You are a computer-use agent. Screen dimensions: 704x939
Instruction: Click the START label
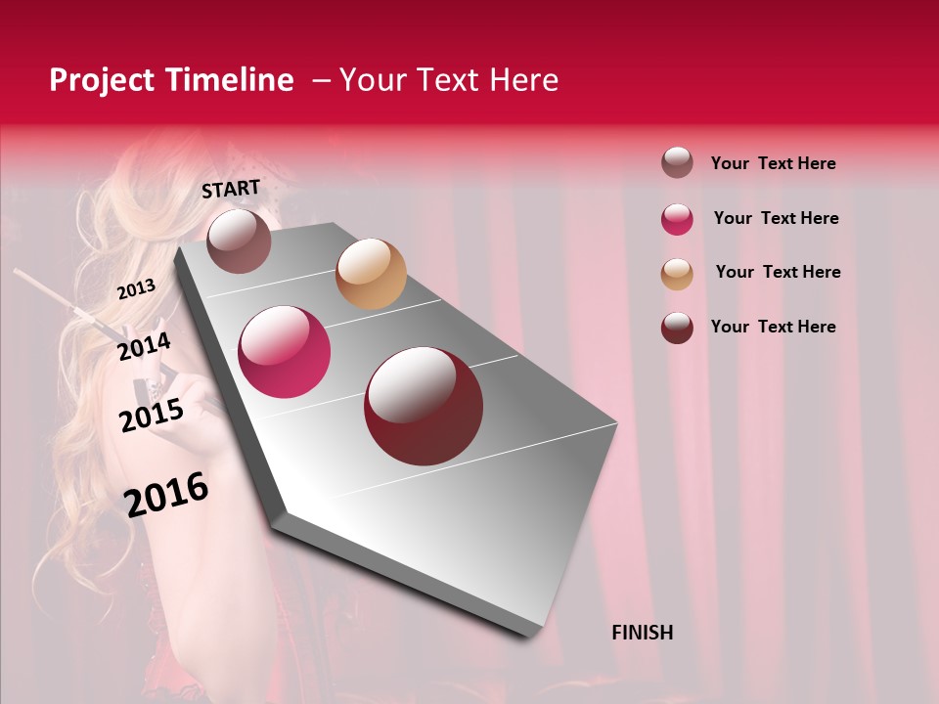[x=231, y=189]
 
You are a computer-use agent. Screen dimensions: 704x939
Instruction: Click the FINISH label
[x=642, y=633]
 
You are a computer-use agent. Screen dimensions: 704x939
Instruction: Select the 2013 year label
[x=136, y=289]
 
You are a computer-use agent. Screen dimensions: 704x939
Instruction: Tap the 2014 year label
[x=144, y=346]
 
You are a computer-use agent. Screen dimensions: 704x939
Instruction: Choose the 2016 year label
[x=166, y=495]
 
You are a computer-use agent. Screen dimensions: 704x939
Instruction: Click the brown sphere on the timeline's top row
[x=239, y=241]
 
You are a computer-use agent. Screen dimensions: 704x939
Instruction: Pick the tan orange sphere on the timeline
[x=371, y=274]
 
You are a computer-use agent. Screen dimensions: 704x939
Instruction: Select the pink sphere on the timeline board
[x=285, y=352]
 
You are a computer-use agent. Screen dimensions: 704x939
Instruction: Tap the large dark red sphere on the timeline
[x=424, y=406]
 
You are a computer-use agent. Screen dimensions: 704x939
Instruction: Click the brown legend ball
[x=677, y=162]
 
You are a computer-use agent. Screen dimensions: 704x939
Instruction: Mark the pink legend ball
[x=677, y=219]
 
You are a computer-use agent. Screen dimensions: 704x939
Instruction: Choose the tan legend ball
[x=677, y=274]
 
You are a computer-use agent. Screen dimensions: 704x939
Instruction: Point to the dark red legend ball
[x=677, y=328]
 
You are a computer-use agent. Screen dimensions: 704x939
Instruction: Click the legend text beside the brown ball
[x=773, y=163]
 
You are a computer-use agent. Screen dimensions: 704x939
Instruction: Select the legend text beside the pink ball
[x=776, y=218]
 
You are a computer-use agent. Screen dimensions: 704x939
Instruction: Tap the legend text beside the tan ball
[x=778, y=272]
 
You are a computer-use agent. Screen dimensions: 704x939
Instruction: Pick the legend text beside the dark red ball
[x=773, y=327]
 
